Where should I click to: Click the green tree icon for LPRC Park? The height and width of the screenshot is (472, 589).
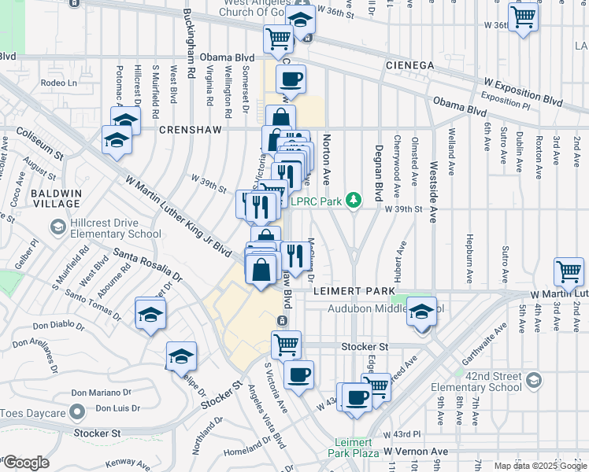355,201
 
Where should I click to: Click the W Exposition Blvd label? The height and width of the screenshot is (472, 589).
523,92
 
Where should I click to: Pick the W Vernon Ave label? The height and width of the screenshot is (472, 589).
416,452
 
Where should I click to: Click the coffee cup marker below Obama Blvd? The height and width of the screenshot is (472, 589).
290,79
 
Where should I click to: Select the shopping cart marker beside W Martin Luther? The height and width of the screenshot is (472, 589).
569,272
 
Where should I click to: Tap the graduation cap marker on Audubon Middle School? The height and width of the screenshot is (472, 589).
421,312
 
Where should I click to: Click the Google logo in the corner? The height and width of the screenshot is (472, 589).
25,462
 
